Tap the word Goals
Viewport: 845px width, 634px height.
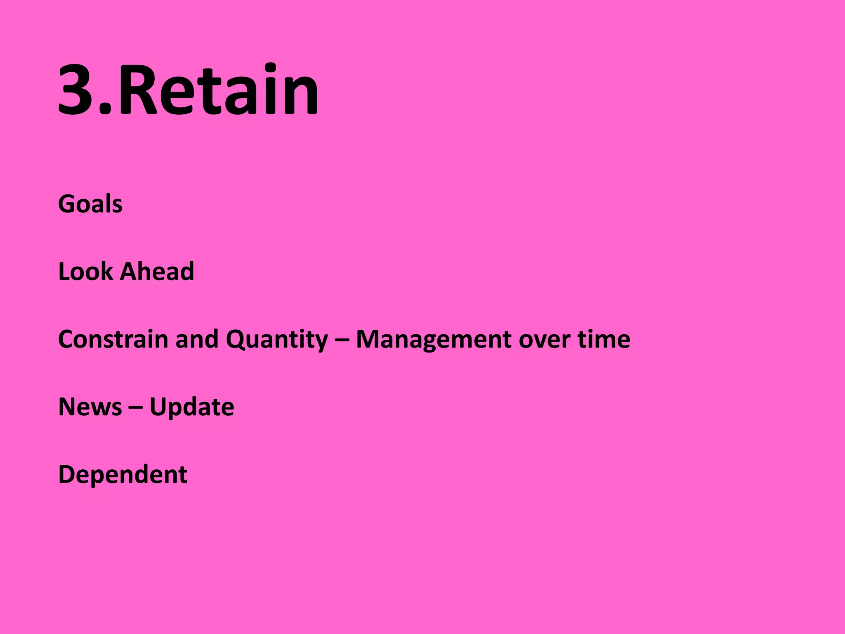tap(90, 204)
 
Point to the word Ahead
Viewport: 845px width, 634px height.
tap(157, 272)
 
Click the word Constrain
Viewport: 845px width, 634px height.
tap(113, 339)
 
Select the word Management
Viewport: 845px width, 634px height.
tap(434, 340)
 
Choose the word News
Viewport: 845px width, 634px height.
tap(90, 407)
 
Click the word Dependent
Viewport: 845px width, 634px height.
tap(123, 475)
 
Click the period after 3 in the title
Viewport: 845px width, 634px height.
tap(106, 110)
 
